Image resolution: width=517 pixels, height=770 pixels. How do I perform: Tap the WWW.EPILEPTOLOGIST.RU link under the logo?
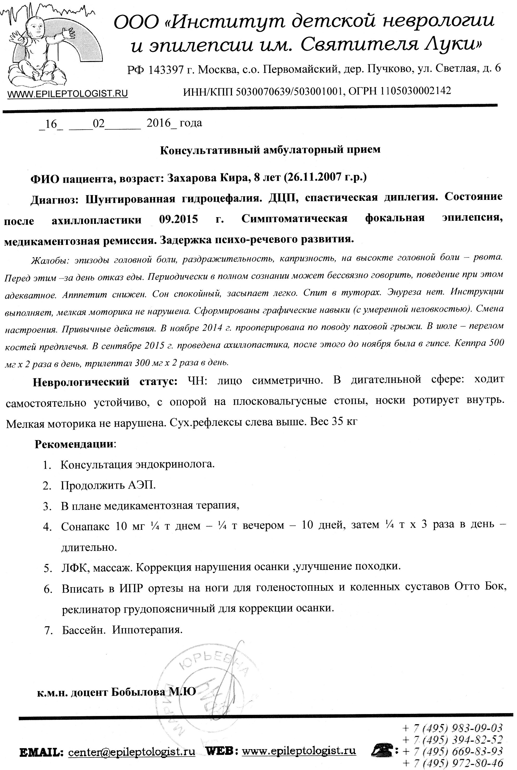(x=67, y=94)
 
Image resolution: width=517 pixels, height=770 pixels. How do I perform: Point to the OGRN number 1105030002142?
(x=415, y=91)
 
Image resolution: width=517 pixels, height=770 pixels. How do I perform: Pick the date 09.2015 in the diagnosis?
(x=178, y=219)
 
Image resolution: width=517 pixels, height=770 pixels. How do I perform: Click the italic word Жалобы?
(x=49, y=261)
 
